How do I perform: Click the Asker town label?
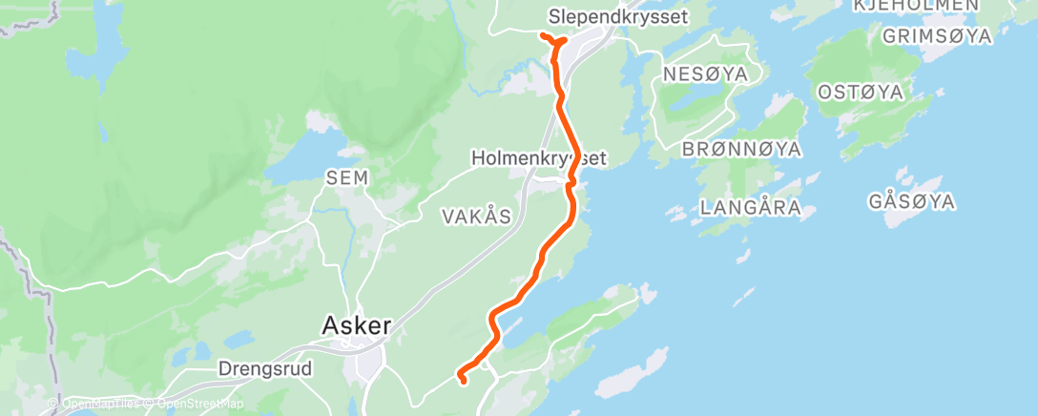coord(357,325)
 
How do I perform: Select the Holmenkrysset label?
coord(540,156)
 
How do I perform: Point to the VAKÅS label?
coord(477,217)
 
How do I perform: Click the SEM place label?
coord(346,177)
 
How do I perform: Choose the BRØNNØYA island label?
coord(741,150)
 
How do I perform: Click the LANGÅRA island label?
coord(749,207)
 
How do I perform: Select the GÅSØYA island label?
coord(912,201)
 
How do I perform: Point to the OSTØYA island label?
coord(861,93)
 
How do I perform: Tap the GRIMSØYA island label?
coord(937,36)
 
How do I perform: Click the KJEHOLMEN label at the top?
coord(917,6)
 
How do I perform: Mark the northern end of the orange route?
coord(542,35)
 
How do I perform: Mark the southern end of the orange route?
coord(464,382)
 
